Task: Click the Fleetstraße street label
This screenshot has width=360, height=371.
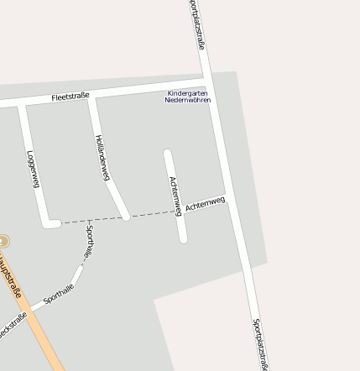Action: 70,97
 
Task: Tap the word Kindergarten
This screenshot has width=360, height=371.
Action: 186,93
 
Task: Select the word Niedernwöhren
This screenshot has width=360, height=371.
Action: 188,100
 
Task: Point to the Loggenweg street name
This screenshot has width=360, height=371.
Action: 34,169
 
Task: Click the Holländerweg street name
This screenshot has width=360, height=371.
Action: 102,157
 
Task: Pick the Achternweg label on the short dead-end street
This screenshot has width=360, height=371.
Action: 175,196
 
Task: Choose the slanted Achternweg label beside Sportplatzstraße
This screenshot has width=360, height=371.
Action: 206,203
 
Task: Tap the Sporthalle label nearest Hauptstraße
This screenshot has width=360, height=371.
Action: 59,293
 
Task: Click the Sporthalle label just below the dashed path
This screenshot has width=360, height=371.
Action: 89,242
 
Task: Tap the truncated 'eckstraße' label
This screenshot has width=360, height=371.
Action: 13,324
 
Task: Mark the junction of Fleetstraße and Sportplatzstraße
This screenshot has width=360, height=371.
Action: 206,82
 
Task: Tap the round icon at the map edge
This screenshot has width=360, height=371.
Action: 3,242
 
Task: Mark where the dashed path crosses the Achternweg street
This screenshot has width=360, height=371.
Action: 179,212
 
